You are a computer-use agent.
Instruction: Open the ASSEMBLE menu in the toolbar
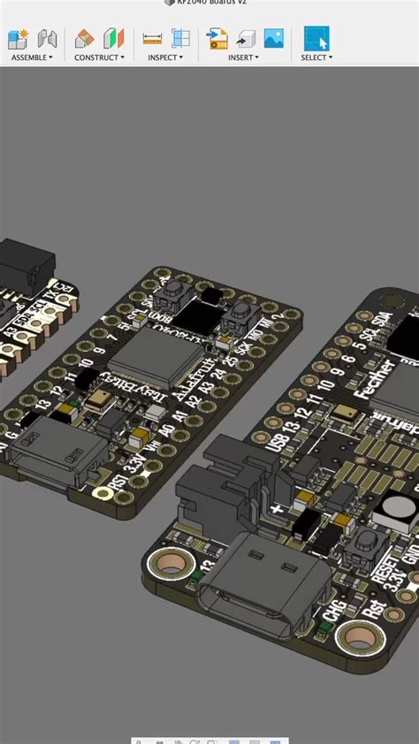32,57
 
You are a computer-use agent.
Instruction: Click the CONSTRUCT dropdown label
99,57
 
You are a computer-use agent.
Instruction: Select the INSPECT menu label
165,57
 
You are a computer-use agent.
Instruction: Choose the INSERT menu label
243,57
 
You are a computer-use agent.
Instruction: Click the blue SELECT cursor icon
316,39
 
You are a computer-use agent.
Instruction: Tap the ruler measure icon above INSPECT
153,39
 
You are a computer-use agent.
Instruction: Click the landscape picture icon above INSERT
274,39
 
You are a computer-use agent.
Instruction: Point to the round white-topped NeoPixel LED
395,510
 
